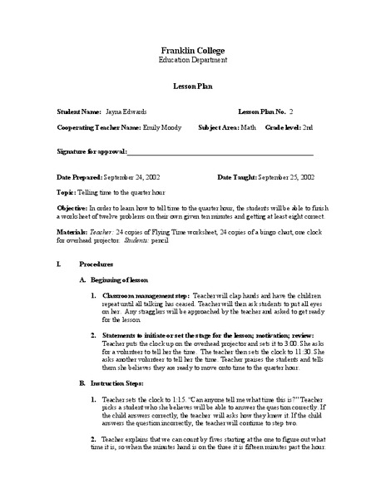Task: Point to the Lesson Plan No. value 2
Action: pos(291,111)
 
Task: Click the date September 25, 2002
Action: pos(286,177)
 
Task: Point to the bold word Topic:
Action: pos(66,190)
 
